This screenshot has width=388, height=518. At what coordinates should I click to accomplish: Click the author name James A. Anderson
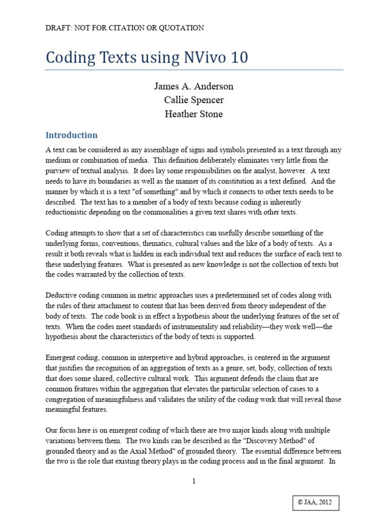pyautogui.click(x=194, y=87)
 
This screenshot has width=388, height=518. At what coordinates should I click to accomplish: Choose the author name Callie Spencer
pyautogui.click(x=194, y=100)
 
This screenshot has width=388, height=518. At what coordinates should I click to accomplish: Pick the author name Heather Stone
pyautogui.click(x=194, y=114)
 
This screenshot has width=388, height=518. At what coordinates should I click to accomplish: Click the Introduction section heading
pyautogui.click(x=71, y=135)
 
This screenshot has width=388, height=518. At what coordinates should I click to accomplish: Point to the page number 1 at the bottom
pyautogui.click(x=194, y=482)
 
